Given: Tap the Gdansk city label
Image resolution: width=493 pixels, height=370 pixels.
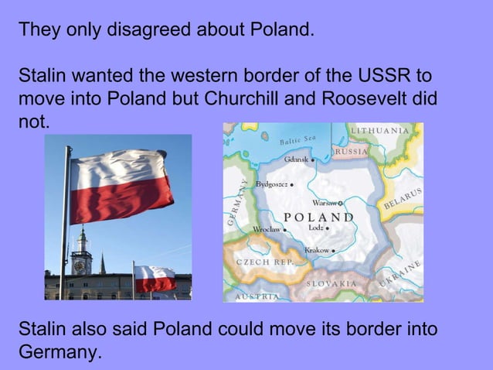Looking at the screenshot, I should point(297,159).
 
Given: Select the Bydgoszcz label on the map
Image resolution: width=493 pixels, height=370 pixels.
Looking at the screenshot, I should point(273,185).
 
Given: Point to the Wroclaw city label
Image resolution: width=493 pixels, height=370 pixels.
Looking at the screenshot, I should point(268,230).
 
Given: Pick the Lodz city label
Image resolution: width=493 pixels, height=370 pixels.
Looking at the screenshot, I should point(318,228).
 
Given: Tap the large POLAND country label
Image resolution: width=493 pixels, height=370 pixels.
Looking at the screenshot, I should point(319,217).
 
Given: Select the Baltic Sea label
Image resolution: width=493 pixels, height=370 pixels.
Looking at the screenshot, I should point(298,140).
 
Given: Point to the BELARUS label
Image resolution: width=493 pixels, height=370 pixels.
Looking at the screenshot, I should point(403,198).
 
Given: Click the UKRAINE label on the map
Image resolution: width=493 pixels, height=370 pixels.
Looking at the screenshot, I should point(399,276).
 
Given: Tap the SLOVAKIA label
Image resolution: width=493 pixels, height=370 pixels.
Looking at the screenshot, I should point(331,283).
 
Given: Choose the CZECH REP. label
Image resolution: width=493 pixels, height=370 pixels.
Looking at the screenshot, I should point(264,262).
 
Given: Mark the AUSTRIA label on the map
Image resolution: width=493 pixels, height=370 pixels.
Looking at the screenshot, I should point(257,296).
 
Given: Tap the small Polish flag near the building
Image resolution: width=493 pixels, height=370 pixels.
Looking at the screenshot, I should point(155,278).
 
